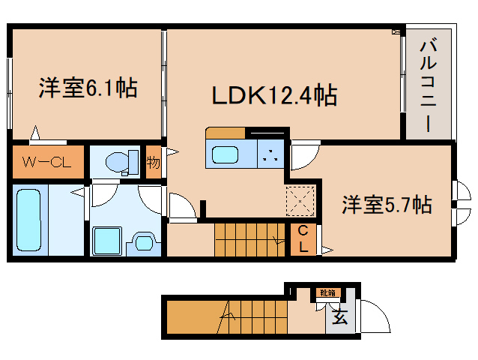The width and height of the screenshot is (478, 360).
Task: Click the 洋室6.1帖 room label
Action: pos(87,88)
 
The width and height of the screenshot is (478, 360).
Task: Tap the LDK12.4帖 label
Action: pos(273,95)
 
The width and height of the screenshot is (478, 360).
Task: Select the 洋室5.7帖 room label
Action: pos(387,204)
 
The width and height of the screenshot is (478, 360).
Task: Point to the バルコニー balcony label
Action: pos(429,84)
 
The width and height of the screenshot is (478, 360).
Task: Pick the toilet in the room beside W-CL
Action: pos(120,161)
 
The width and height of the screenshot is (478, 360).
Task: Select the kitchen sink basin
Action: pos(226,156)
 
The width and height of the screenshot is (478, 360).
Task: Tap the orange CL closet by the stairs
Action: pos(303,239)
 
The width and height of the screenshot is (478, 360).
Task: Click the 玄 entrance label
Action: pos(339,317)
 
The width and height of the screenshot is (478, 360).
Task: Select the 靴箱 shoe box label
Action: pos(327,293)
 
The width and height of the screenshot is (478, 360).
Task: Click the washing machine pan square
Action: pos(106,240)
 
